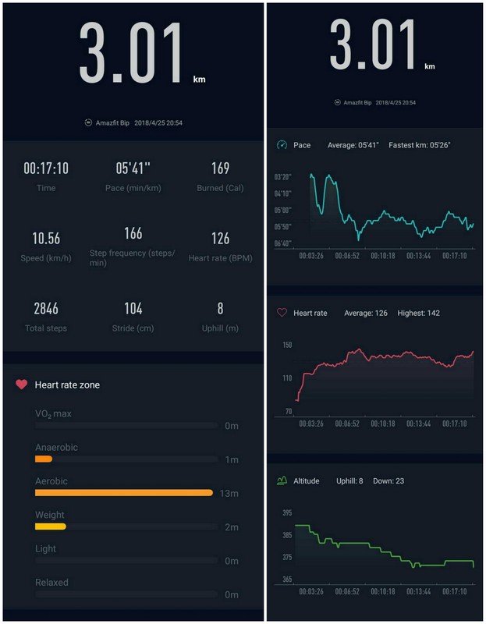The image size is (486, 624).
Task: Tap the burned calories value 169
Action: point(220,168)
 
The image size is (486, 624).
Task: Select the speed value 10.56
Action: point(46,239)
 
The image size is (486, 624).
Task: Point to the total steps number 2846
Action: point(46,309)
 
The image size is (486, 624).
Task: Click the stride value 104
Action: point(133,309)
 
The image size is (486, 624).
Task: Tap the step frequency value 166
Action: point(133,233)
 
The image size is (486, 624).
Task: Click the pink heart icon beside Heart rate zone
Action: point(21,385)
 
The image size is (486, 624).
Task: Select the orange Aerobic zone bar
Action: point(124,493)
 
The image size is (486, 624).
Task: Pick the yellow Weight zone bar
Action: point(51,526)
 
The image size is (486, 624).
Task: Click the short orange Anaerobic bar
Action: point(44,459)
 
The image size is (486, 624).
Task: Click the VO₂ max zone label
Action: point(53,413)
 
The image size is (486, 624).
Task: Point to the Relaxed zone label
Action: point(51,582)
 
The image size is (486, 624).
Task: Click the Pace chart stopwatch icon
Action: point(282,145)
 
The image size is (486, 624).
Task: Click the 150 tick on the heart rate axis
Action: point(287,345)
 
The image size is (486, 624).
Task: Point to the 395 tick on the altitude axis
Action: point(287,512)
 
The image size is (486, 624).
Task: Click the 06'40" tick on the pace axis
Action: point(283,243)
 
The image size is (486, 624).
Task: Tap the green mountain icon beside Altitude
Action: point(282,480)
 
